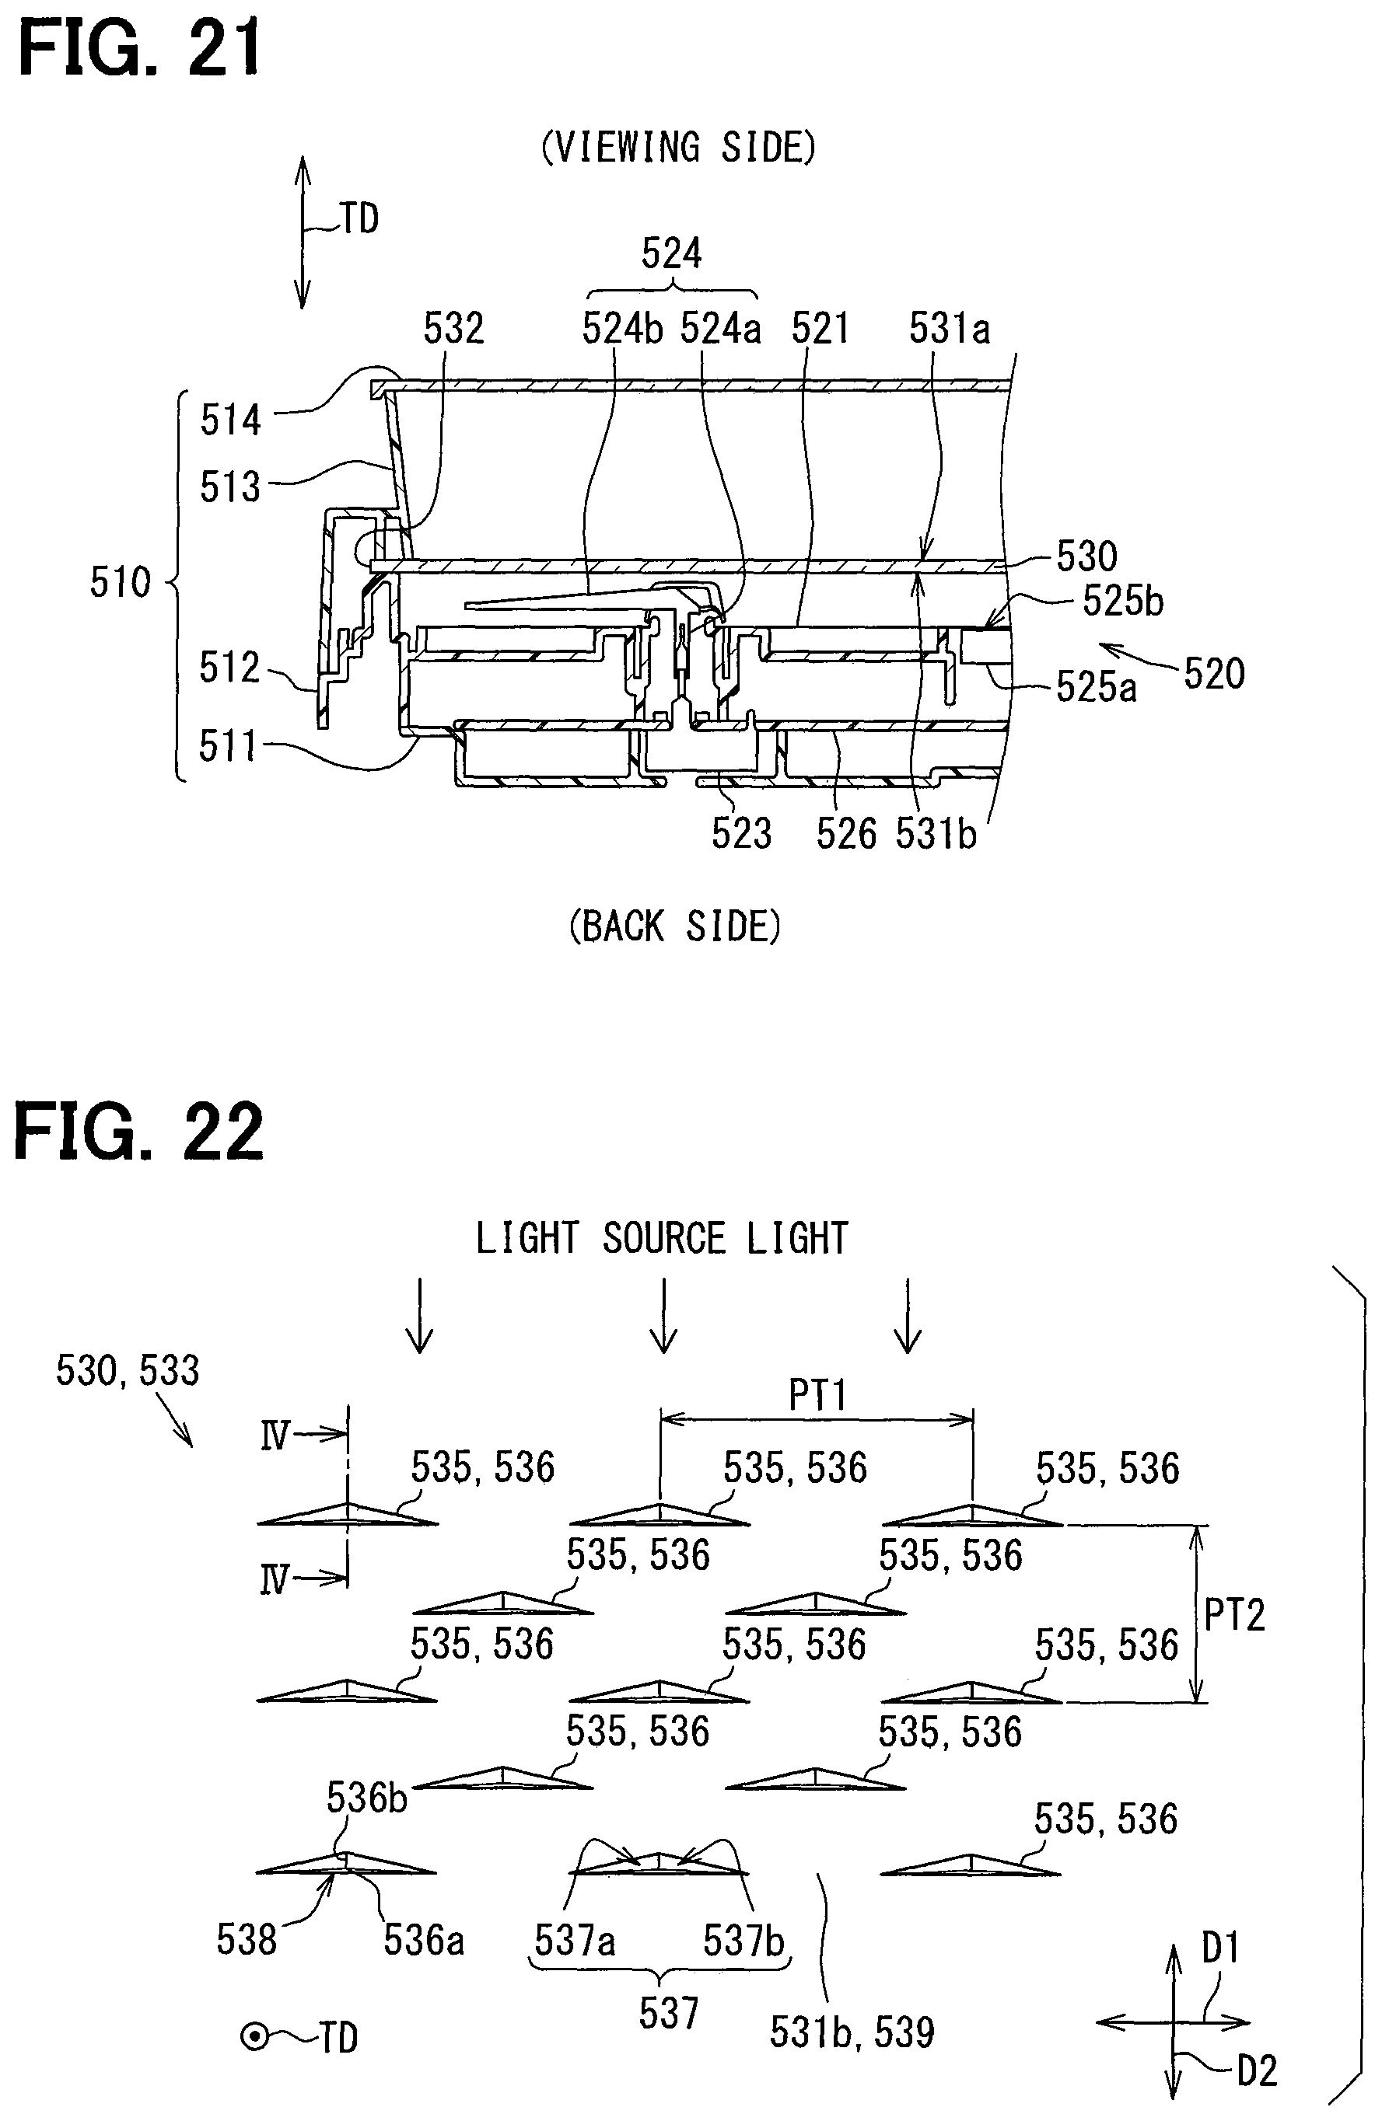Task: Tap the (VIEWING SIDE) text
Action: pos(678,147)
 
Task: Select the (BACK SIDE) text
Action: pos(675,927)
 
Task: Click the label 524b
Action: pos(622,328)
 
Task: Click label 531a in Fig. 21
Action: pos(950,328)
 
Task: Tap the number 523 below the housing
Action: pos(741,833)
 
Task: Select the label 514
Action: pos(230,420)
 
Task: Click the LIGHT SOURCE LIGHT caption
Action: pos(662,1239)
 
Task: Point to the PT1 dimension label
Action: pos(817,1394)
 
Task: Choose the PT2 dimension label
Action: pos(1234,1615)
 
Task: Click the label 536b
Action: pos(366,1798)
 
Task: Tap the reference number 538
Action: pos(246,1939)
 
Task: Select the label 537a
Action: pos(574,1939)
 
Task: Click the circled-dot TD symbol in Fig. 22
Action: pos(255,2037)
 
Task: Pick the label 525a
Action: pos(1096,686)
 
